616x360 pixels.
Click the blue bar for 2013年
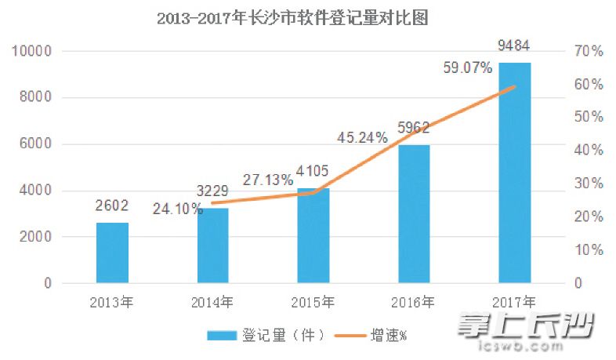pos(112,253)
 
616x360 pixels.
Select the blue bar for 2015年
pos(313,235)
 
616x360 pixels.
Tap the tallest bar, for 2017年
pos(514,173)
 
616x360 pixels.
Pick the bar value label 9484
pos(514,42)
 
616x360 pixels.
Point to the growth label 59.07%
pos(467,68)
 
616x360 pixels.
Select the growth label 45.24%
pos(362,137)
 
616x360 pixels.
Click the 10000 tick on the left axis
pos(31,52)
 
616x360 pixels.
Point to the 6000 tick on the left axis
pos(34,144)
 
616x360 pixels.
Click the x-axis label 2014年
pos(212,301)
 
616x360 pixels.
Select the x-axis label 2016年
pos(414,301)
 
